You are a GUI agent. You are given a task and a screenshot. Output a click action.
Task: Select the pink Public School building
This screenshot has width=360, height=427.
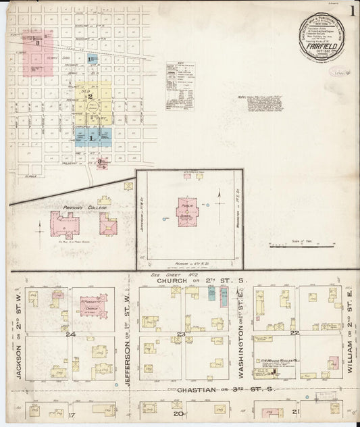[186, 211]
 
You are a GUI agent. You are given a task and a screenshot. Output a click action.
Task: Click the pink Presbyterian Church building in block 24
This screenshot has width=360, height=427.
[93, 304]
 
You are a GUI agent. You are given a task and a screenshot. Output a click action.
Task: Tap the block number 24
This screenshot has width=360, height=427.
[69, 333]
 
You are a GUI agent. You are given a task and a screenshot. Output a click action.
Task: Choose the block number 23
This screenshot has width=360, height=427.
[180, 334]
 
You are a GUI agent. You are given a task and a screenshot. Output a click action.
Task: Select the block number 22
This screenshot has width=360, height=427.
[294, 333]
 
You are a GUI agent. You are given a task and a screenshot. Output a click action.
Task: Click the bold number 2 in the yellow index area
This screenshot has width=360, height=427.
[89, 97]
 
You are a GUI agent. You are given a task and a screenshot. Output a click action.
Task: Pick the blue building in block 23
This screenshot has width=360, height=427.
[211, 294]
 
